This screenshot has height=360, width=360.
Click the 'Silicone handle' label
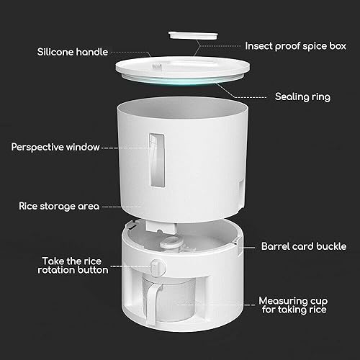coord(73,52)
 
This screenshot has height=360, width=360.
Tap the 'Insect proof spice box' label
coord(295,46)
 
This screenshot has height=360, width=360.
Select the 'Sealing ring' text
coord(302,96)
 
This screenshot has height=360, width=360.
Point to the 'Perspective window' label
coord(55,147)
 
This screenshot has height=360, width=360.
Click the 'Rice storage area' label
coord(59,206)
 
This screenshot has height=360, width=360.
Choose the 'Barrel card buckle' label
coord(304,246)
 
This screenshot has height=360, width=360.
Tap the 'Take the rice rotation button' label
coord(73,266)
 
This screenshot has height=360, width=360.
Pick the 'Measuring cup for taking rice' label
coord(293,305)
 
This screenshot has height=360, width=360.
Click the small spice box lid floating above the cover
coord(193,35)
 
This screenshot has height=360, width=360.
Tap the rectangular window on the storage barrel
coord(157,160)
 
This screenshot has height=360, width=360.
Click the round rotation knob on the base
coord(158,267)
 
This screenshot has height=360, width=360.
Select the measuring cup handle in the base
coord(152,303)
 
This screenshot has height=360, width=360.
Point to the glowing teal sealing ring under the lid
coord(182,81)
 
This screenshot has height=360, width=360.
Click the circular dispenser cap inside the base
coord(170,242)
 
